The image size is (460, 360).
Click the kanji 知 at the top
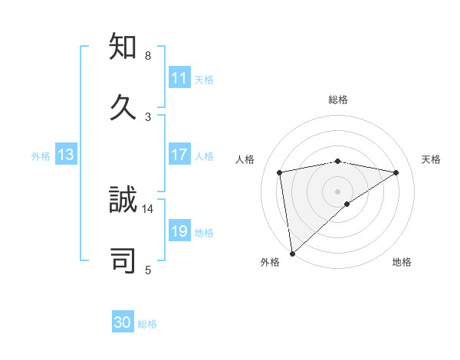[x=123, y=47]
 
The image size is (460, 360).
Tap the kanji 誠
[x=123, y=200]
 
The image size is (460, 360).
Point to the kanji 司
[x=123, y=260]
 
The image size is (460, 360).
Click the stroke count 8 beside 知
[x=148, y=56]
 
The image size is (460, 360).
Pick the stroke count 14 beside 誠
[x=148, y=208]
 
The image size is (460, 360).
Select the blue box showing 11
[x=179, y=78]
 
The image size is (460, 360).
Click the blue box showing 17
[x=179, y=155]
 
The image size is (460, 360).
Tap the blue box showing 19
[x=179, y=231]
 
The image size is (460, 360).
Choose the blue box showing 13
[x=66, y=155]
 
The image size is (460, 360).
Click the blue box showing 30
[x=123, y=322]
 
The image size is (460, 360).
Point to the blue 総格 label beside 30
[x=147, y=324]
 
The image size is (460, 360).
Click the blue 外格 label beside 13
[x=41, y=155]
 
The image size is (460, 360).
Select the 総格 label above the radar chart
[x=338, y=100]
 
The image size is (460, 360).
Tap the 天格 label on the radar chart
[x=431, y=159]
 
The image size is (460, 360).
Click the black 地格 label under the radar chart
[x=402, y=262]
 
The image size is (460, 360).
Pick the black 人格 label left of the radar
[x=245, y=159]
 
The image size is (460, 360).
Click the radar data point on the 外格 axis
[x=292, y=253]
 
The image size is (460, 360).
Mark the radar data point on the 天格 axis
[x=396, y=172]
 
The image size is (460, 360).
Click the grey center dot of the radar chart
[x=338, y=191]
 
